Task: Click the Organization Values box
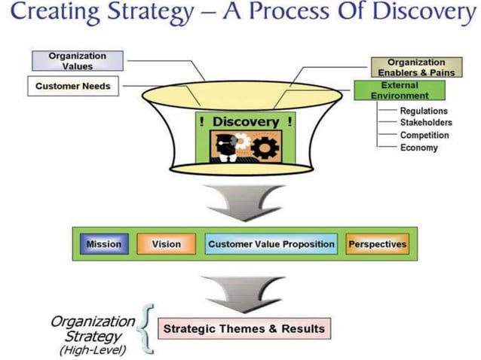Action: click(x=77, y=61)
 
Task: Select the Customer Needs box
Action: click(x=72, y=87)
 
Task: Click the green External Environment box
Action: click(x=400, y=90)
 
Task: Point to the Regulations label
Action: click(x=424, y=111)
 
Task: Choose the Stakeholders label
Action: click(x=426, y=124)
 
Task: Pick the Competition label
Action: click(x=424, y=136)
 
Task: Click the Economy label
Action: click(x=419, y=148)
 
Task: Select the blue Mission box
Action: click(x=103, y=244)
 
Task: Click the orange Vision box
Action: click(x=166, y=244)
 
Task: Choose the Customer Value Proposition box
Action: click(x=271, y=244)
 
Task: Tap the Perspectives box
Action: click(x=377, y=244)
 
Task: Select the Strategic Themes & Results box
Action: click(x=244, y=328)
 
